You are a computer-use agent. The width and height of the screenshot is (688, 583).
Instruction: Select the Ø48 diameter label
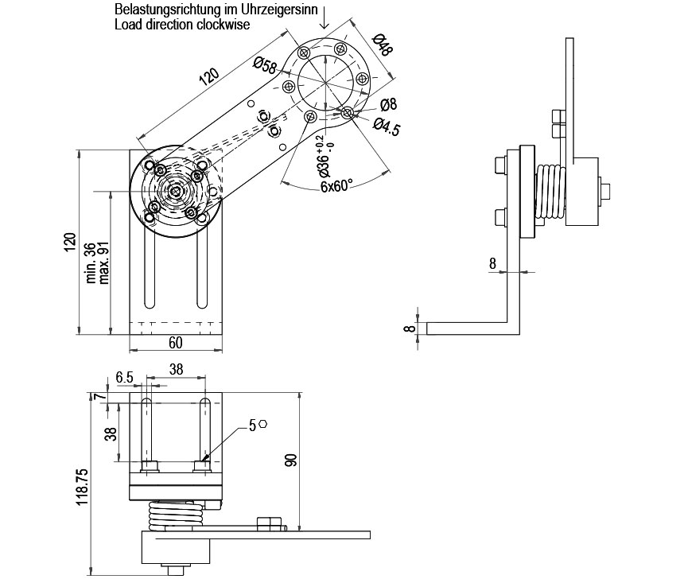click(381, 45)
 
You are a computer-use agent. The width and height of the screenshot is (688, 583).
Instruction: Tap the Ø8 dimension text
click(388, 105)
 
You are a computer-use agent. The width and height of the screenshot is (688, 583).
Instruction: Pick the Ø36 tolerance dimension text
click(323, 162)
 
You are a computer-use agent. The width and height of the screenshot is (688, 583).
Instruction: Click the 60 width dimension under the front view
click(175, 343)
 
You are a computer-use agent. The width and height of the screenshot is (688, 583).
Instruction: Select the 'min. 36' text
click(91, 262)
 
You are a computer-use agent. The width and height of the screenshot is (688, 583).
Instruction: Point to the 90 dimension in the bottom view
click(290, 459)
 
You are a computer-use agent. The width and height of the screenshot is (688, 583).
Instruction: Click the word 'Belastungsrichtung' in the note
click(162, 11)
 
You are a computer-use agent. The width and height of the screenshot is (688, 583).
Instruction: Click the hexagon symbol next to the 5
click(263, 426)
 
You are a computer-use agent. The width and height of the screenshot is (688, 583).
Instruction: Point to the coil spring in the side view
click(550, 191)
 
